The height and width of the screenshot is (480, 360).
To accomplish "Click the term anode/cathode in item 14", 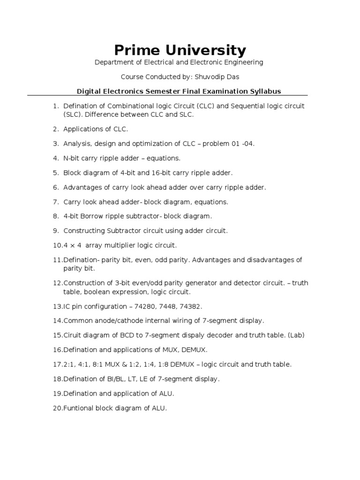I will (x=116, y=321).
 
